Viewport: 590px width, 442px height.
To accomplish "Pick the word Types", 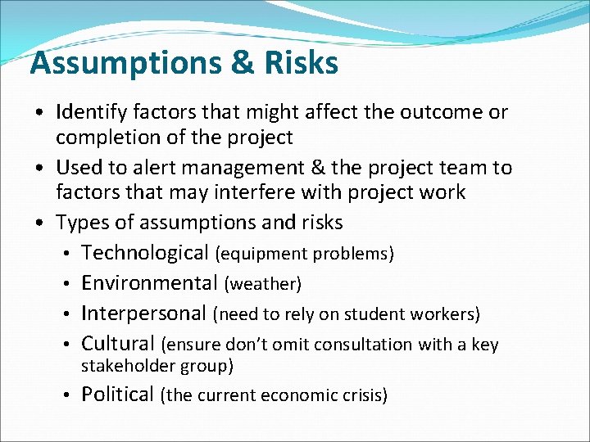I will coord(80,222).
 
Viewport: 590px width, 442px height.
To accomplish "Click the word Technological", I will coord(145,253).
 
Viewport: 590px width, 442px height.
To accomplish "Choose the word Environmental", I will coord(149,283).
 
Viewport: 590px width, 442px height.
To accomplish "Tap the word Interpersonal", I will coord(144,313).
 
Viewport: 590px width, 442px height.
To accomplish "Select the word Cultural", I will coord(118,344).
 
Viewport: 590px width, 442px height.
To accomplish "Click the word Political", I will coord(117,395).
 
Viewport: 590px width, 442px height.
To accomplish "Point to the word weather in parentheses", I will coord(263,284).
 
